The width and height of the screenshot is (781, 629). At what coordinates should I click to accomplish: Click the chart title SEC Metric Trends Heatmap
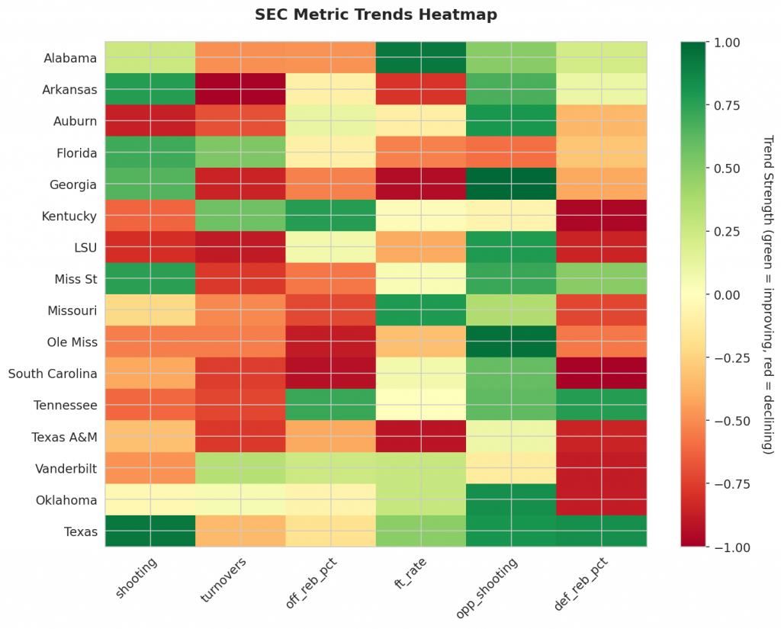(375, 14)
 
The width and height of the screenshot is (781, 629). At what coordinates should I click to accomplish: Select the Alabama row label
(70, 58)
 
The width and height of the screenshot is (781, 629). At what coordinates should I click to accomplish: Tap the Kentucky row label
(69, 216)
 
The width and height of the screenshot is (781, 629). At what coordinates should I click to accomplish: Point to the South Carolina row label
(53, 374)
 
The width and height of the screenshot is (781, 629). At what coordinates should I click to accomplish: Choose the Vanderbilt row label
(66, 468)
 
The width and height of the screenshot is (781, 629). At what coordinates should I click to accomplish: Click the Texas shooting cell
(150, 531)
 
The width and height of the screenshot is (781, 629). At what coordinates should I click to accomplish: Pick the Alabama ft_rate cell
(421, 58)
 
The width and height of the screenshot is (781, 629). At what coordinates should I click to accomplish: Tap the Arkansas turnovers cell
(240, 89)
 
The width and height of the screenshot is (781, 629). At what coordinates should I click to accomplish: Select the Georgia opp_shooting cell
(511, 184)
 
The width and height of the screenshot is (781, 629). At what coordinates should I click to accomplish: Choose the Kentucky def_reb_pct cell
(602, 216)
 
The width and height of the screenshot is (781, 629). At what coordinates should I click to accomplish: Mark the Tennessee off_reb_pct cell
(331, 405)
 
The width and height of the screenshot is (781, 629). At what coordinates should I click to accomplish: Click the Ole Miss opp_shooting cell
(511, 342)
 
